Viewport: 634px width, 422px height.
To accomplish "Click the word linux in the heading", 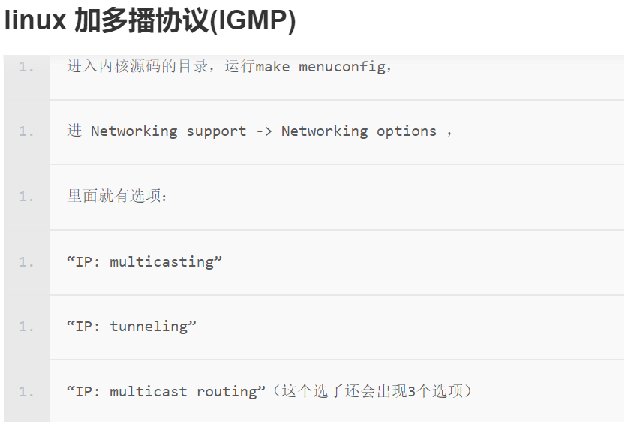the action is pos(35,21).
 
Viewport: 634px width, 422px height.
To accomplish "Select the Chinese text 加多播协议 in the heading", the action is pos(140,21).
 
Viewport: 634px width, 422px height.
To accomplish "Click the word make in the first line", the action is pos(272,66).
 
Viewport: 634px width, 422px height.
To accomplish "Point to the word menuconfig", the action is pos(342,66).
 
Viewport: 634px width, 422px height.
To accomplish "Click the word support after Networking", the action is pos(216,131).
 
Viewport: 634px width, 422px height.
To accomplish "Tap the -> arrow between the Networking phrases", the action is pos(264,131).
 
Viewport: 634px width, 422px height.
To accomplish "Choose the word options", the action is pos(407,131).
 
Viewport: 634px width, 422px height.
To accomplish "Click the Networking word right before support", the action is pos(134,131).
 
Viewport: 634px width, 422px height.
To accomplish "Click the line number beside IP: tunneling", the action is pos(26,327).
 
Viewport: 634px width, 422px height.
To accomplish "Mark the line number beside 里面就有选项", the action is pos(26,197).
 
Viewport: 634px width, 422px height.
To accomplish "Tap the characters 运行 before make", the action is pos(240,66).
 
